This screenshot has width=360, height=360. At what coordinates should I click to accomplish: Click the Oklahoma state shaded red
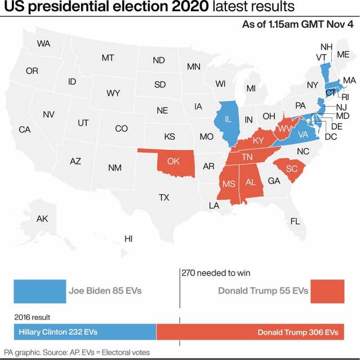coord(174,161)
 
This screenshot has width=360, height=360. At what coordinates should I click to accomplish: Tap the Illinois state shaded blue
coord(228,120)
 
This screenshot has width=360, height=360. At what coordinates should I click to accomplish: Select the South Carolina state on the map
coord(291,168)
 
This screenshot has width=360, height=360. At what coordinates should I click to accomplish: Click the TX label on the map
coord(164,198)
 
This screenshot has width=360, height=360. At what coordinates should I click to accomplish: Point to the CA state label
coord(24,130)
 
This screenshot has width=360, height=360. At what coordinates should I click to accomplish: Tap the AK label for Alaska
coord(42,219)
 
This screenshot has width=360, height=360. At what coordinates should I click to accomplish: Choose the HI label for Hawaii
coord(128,239)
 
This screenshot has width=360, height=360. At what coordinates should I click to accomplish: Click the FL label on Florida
coord(295,221)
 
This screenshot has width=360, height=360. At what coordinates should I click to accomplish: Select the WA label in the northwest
coord(43,43)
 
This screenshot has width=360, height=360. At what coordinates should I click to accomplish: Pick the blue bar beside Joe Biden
coord(39,291)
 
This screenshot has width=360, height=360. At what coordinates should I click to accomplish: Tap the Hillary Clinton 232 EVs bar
coord(85,332)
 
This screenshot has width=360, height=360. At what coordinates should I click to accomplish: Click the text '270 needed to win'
coord(216,273)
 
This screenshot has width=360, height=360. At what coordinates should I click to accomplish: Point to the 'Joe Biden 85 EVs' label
coord(105,291)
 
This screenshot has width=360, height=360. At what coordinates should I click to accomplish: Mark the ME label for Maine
coord(343,54)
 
